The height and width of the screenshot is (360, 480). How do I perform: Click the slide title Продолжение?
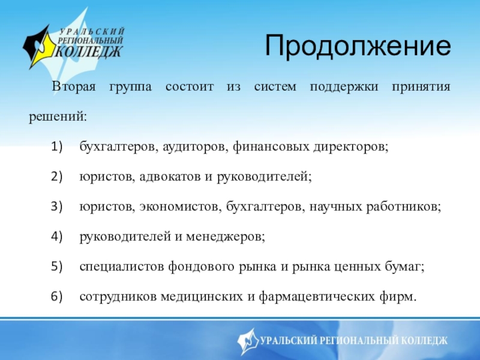(x=358, y=46)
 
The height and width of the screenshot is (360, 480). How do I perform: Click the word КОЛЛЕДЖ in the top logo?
(x=89, y=52)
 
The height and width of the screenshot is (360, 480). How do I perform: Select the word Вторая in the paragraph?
(x=74, y=86)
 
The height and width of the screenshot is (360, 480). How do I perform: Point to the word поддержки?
(x=344, y=87)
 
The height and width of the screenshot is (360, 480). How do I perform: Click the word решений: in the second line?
(x=58, y=117)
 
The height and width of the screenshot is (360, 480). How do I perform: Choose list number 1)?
(x=56, y=146)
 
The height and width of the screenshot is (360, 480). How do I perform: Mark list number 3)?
(x=56, y=206)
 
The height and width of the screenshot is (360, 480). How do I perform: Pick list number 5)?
(x=56, y=266)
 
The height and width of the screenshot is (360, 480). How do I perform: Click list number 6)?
(x=56, y=296)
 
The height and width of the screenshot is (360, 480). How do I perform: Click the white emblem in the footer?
(x=248, y=341)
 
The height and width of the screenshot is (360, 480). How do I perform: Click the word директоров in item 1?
(x=351, y=147)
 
